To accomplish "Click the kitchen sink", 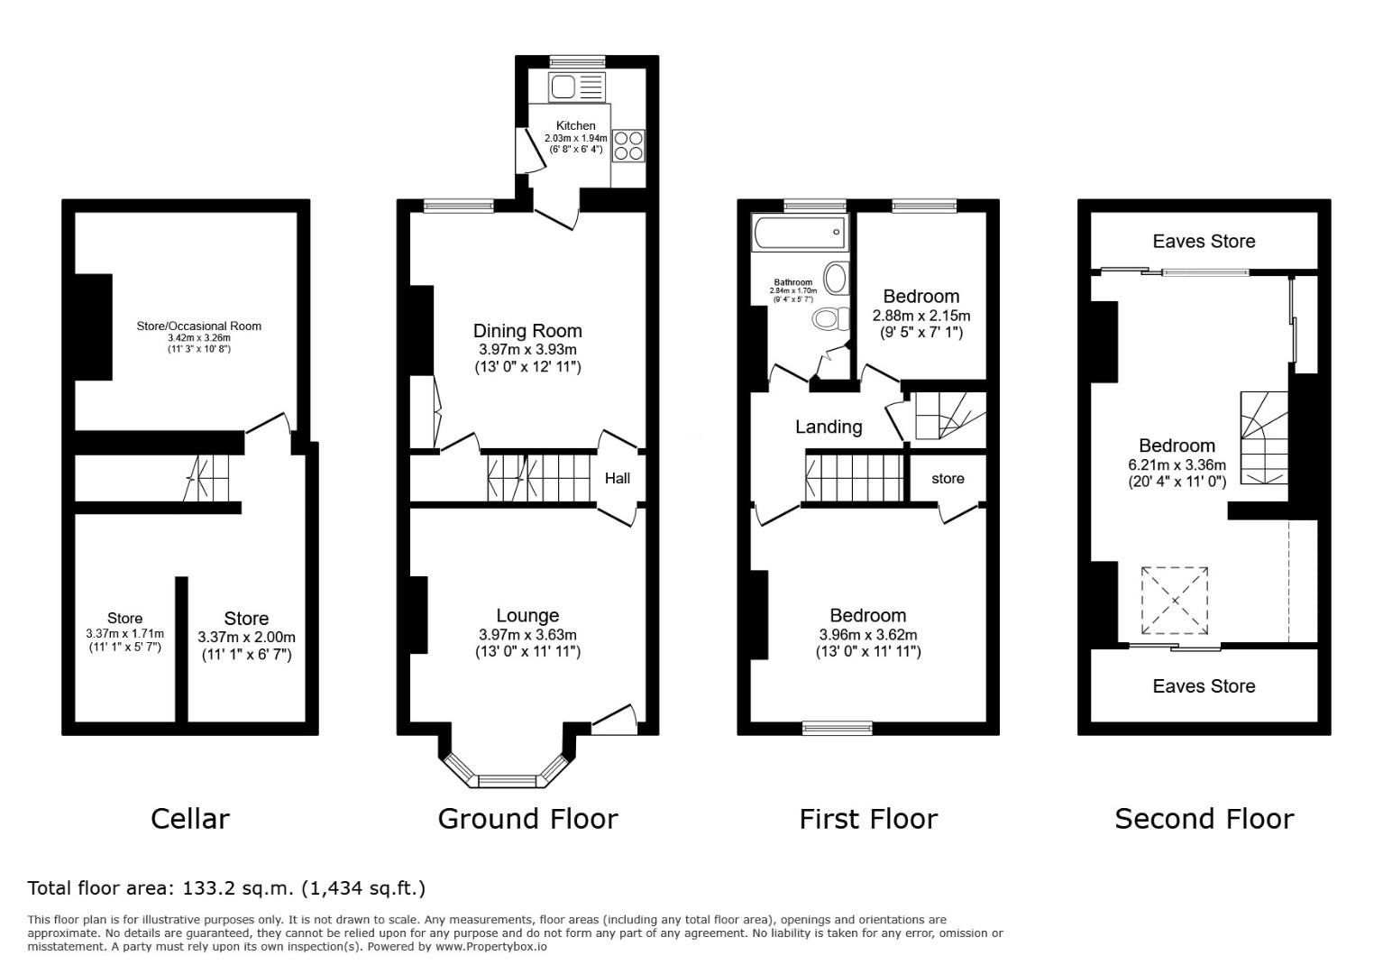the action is (x=577, y=87).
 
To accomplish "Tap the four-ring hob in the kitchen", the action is (x=628, y=146).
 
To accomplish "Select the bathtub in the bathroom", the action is (x=799, y=233).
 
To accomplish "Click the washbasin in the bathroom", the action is (x=837, y=278).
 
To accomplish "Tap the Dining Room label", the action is (x=527, y=331).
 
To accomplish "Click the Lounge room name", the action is (x=527, y=615).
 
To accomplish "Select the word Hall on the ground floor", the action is (x=617, y=478).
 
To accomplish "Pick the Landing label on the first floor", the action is (x=829, y=427).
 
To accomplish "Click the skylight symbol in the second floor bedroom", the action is (x=1175, y=601).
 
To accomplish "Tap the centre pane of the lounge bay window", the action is (x=507, y=781).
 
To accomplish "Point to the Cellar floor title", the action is (x=190, y=819).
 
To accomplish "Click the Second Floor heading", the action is (x=1204, y=819).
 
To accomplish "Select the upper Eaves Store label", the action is (x=1204, y=241).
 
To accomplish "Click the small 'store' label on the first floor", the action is (x=948, y=479).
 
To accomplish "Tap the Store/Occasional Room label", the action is (x=199, y=326).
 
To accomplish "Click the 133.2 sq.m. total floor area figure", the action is (x=237, y=888).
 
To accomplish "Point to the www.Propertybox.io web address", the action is (x=490, y=947).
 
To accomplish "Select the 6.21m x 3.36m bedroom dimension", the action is (x=1177, y=465).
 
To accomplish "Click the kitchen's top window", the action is (x=577, y=61).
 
